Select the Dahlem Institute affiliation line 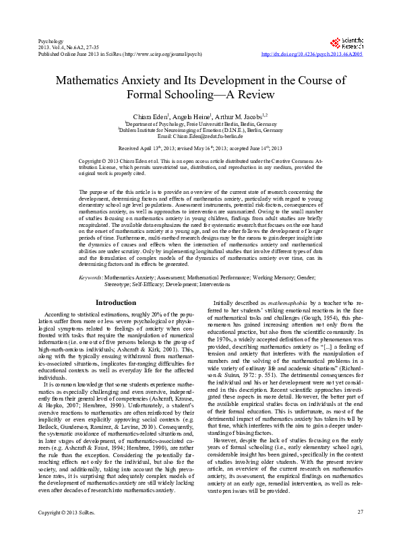[200, 130]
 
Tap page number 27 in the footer [360, 532]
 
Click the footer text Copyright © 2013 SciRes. [66, 532]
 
